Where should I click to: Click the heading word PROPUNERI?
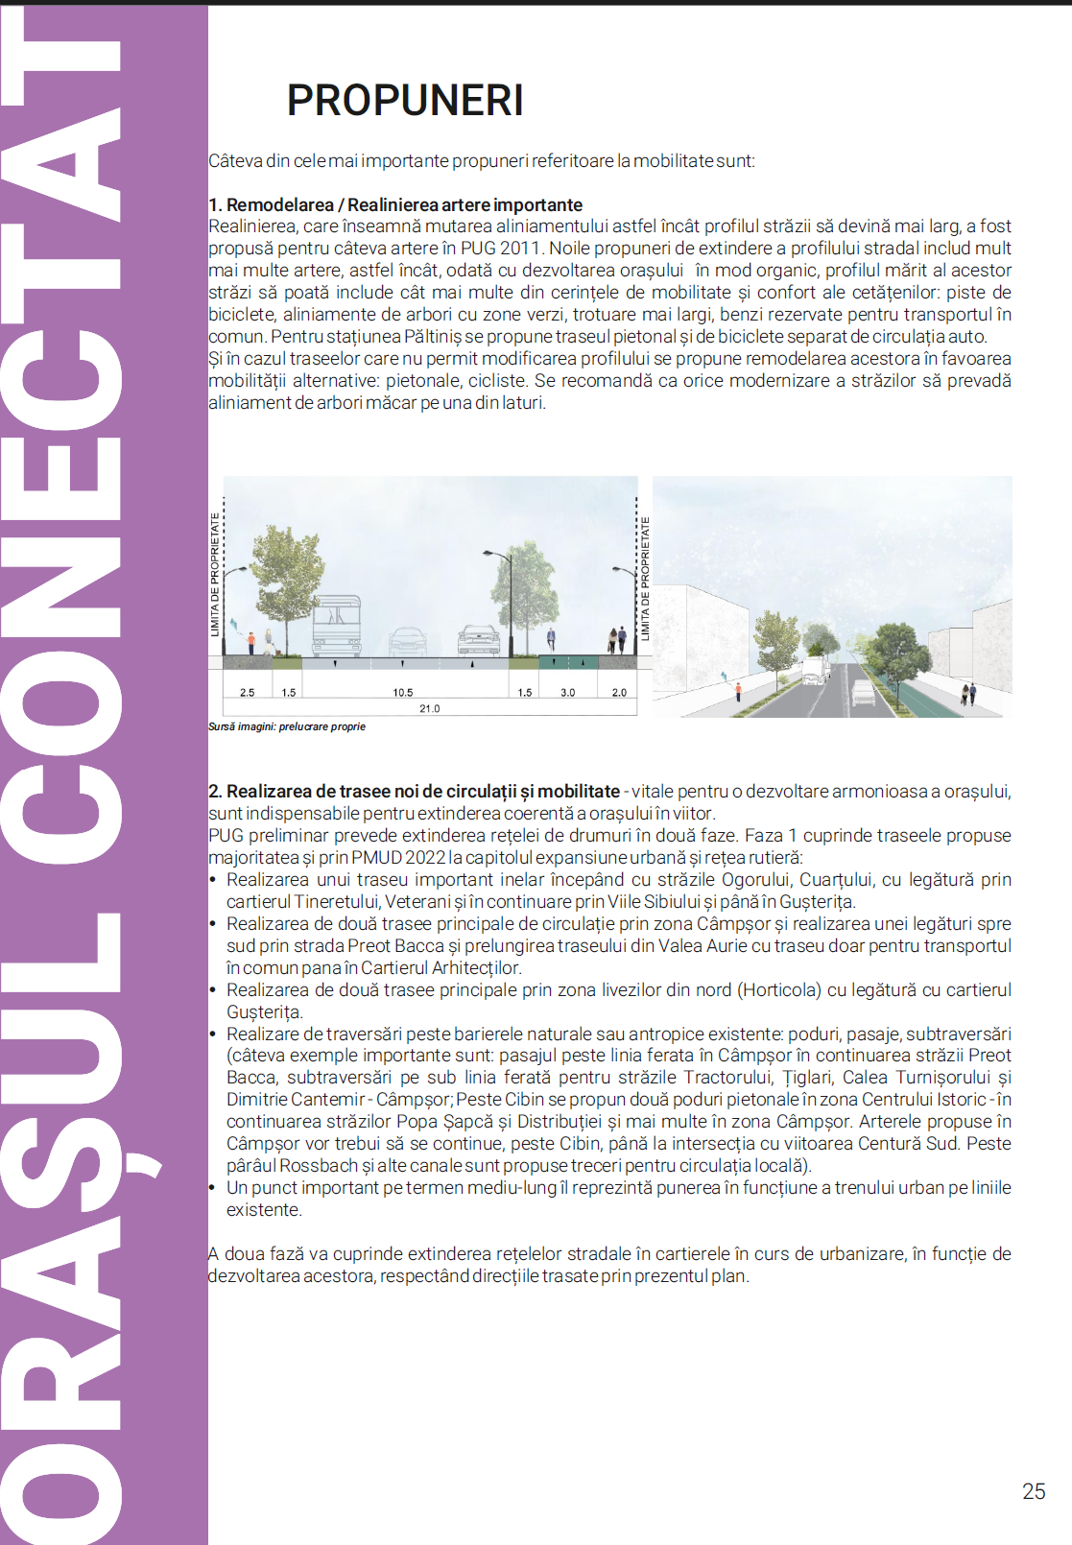pos(405,101)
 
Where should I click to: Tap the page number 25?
pos(1034,1491)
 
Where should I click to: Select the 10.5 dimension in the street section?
pos(403,692)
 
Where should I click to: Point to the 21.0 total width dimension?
pos(429,708)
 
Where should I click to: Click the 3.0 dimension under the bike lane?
pos(567,692)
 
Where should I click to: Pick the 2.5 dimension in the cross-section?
pos(247,692)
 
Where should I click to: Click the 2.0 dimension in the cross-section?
pos(619,692)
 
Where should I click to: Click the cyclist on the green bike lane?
pos(551,639)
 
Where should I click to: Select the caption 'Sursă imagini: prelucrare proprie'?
pos(287,726)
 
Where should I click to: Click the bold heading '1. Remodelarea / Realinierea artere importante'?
pos(395,204)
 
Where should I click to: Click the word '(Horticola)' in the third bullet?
pos(777,990)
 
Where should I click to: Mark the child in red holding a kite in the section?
pos(251,641)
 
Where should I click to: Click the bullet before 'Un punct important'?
pos(213,1188)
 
